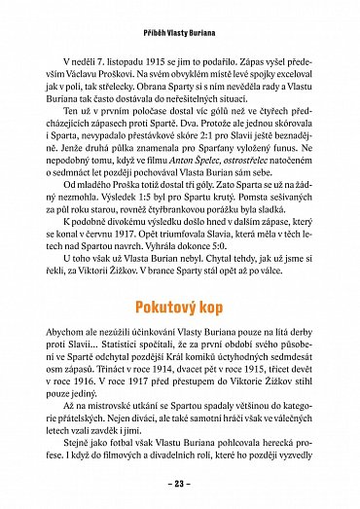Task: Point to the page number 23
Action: click(x=180, y=483)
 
